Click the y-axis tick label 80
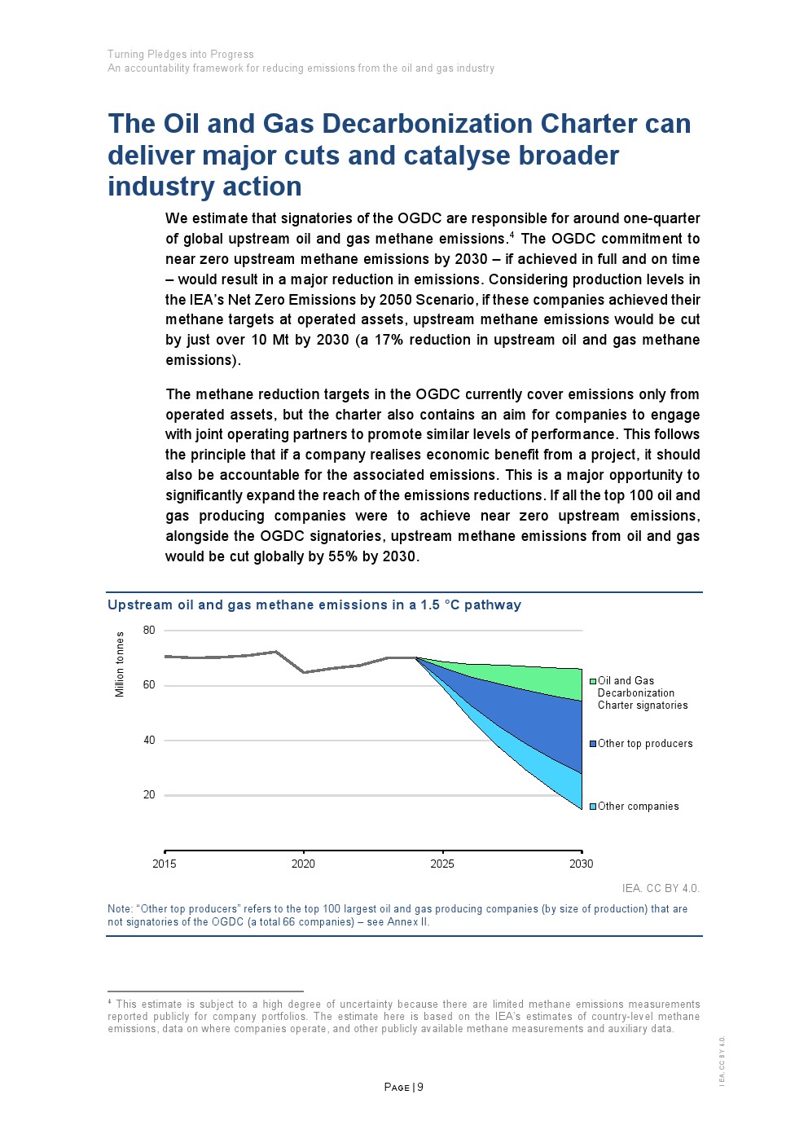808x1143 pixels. pyautogui.click(x=149, y=631)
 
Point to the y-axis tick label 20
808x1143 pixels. pyautogui.click(x=149, y=794)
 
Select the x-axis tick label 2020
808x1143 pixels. pyautogui.click(x=304, y=864)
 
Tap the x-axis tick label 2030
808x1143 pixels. pyautogui.click(x=582, y=864)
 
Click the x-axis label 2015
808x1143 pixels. pyautogui.click(x=165, y=864)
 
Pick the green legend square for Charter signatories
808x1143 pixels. pyautogui.click(x=593, y=681)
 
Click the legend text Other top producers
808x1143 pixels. pyautogui.click(x=645, y=744)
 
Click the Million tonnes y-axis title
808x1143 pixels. pyautogui.click(x=120, y=664)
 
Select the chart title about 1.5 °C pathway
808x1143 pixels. pyautogui.click(x=314, y=605)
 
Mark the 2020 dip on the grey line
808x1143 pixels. pyautogui.click(x=304, y=673)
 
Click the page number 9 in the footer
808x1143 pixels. pyautogui.click(x=419, y=1087)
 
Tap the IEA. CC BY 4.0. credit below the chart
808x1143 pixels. pyautogui.click(x=661, y=888)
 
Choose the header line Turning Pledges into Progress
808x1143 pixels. pyautogui.click(x=181, y=54)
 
